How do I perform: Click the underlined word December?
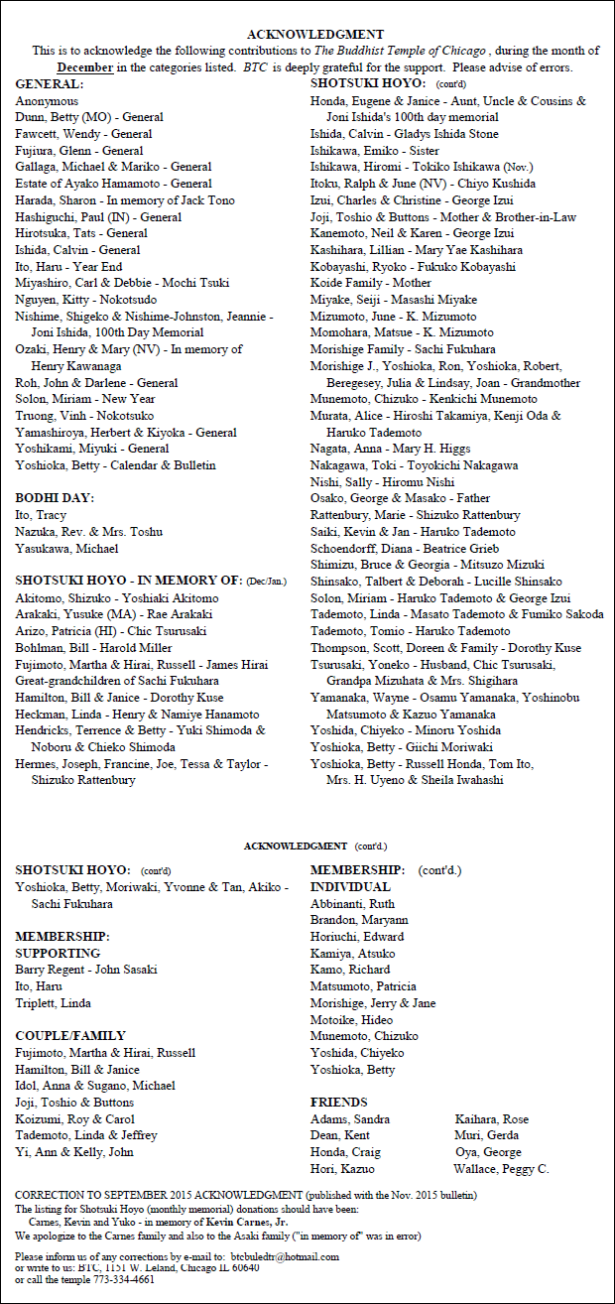[85, 67]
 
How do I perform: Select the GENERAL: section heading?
[50, 84]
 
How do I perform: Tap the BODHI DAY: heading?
[53, 498]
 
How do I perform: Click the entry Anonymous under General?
[47, 101]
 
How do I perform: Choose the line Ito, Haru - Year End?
[68, 267]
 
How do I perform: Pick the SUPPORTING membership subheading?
[58, 953]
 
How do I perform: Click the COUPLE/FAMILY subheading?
[70, 1036]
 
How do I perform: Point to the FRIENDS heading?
[338, 1103]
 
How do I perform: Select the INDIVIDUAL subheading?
[350, 886]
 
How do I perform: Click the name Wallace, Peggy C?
[501, 1169]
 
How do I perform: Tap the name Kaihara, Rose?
[491, 1119]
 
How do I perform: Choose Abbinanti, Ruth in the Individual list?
[352, 903]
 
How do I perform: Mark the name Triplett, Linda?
[53, 1003]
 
